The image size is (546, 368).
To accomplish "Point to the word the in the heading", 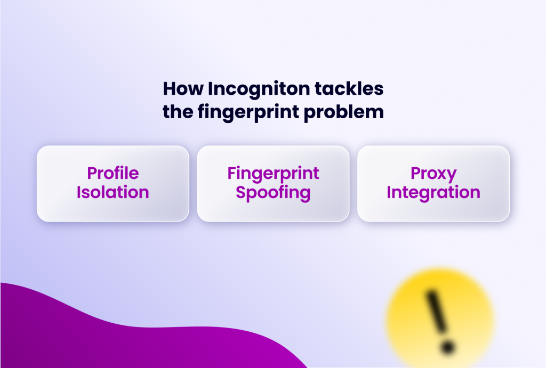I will pos(176,112).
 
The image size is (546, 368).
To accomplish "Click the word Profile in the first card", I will pos(113,174).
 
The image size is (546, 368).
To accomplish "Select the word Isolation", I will pos(113,192).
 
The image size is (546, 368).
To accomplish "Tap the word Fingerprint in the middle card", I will pos(273,174).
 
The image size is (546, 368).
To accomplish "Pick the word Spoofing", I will pos(273,193).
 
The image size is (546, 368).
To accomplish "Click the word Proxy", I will pos(433,174).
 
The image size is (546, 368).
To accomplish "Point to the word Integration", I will pos(433,192).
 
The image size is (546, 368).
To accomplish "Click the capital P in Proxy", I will pos(416,174).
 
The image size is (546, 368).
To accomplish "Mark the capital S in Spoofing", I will pos(241,192).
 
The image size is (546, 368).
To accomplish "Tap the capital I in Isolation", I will pos(79,192).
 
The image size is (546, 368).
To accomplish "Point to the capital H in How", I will pos(168,89).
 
